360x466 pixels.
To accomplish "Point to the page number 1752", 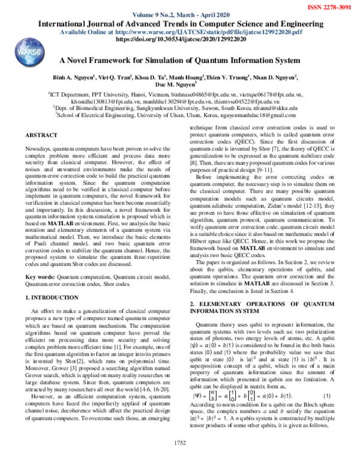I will click(x=180, y=458).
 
